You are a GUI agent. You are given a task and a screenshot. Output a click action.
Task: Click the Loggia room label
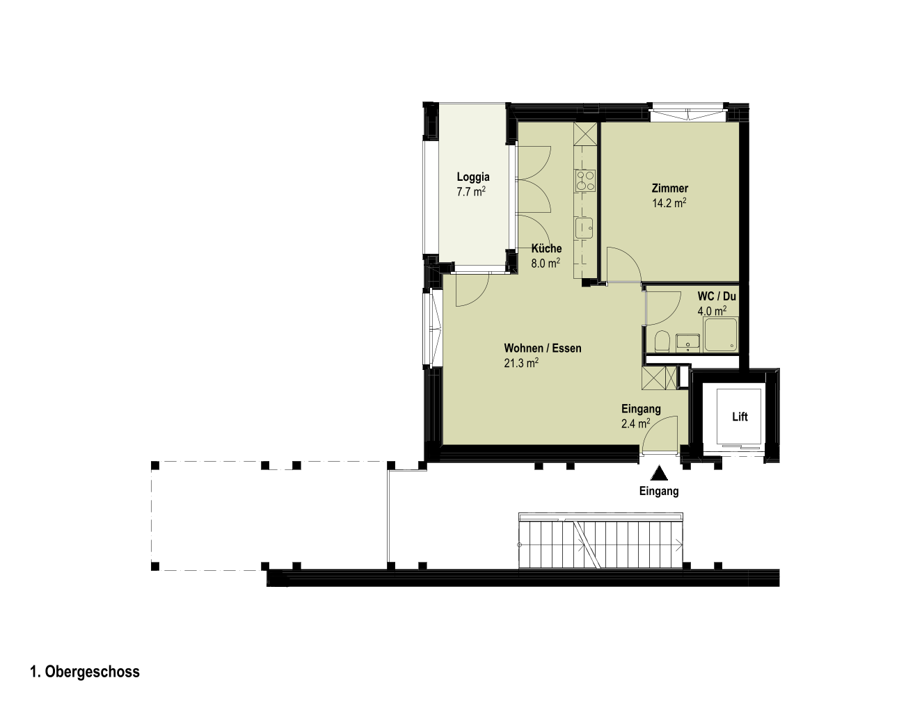click(472, 177)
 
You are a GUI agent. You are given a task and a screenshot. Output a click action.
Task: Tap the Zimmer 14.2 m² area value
click(669, 203)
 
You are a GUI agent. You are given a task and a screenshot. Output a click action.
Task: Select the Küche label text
click(546, 248)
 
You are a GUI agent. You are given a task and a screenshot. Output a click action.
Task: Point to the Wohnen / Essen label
click(543, 348)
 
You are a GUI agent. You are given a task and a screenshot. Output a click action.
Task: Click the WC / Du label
click(717, 296)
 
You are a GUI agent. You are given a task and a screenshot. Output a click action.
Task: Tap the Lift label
click(740, 417)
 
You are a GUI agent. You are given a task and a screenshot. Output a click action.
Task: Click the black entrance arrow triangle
click(659, 473)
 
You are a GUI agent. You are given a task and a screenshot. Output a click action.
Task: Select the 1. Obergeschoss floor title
click(85, 672)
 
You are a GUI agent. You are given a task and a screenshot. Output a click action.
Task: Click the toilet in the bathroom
click(662, 341)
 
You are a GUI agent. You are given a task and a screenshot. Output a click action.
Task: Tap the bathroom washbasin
click(688, 343)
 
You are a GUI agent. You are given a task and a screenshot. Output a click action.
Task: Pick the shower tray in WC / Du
click(721, 334)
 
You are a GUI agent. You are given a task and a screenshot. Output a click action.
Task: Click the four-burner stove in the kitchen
click(584, 180)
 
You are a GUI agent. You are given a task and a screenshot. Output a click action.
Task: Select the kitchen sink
click(584, 229)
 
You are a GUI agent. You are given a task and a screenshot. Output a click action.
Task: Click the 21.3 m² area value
click(521, 363)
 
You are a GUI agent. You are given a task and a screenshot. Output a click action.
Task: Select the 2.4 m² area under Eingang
click(635, 423)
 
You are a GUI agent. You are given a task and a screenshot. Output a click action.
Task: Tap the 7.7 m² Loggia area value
click(471, 192)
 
